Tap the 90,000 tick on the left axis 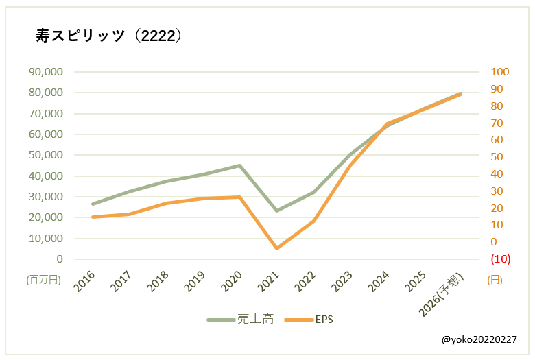45,71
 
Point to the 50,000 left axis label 45,155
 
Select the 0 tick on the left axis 60,259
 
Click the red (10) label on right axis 499,259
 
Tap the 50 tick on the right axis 496,157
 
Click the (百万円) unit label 45,280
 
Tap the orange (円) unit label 495,280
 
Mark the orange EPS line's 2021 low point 277,248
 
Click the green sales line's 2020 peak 239,165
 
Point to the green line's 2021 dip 277,211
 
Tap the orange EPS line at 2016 93,217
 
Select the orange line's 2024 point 387,124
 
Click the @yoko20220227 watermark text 479,339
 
